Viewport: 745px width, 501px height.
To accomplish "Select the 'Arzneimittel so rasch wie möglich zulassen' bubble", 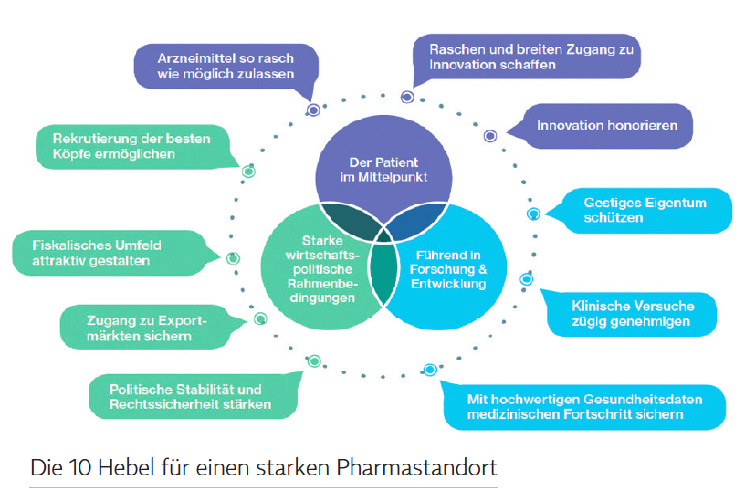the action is pyautogui.click(x=226, y=67).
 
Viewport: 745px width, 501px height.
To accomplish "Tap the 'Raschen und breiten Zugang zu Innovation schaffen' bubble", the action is pyautogui.click(x=528, y=57).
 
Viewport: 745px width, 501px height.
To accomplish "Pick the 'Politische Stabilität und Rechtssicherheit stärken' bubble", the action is pyautogui.click(x=193, y=397).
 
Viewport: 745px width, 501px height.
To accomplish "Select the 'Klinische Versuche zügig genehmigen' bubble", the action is pyautogui.click(x=630, y=313).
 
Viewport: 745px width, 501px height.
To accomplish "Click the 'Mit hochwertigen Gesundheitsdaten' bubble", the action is pyautogui.click(x=584, y=406).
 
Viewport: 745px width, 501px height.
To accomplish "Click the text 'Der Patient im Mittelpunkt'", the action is pyautogui.click(x=383, y=170).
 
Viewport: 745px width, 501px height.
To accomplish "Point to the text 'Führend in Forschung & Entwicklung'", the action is pyautogui.click(x=448, y=269).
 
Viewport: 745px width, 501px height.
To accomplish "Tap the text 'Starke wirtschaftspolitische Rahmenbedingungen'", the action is pyautogui.click(x=322, y=269).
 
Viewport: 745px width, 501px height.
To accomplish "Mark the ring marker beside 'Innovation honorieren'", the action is pyautogui.click(x=490, y=136).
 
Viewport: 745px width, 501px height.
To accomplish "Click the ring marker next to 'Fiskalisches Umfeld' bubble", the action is pyautogui.click(x=233, y=258).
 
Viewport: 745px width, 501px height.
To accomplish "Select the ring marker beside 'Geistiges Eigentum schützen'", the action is pyautogui.click(x=533, y=214).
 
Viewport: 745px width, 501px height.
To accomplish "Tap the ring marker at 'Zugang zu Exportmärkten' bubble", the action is pyautogui.click(x=260, y=318).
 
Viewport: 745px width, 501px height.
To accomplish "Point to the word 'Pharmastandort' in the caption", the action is pyautogui.click(x=416, y=468).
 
